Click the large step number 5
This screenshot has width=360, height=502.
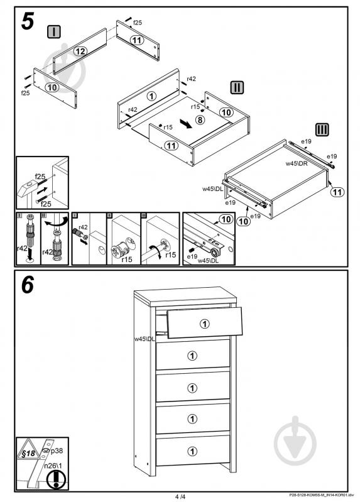click(x=28, y=21)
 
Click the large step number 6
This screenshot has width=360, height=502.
click(x=28, y=285)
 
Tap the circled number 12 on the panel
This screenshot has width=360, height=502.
click(x=80, y=51)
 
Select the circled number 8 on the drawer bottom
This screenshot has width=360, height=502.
click(x=200, y=120)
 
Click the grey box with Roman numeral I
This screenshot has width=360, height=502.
click(x=54, y=31)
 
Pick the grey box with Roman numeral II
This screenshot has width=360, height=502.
click(x=237, y=87)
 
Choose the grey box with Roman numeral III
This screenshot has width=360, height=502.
click(x=322, y=129)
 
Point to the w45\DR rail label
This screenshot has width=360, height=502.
click(x=297, y=163)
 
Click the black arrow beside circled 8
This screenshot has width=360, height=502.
click(x=186, y=124)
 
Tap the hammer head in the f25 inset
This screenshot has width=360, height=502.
click(x=28, y=188)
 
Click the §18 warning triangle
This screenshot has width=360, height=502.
click(x=28, y=449)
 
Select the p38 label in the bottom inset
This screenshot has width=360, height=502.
click(x=57, y=450)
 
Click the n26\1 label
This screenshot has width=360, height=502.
click(x=53, y=466)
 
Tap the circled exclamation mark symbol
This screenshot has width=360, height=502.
click(x=56, y=479)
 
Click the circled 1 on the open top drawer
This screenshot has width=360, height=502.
click(x=205, y=324)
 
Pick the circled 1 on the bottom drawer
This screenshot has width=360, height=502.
click(x=192, y=451)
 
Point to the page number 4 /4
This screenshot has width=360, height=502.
click(x=180, y=497)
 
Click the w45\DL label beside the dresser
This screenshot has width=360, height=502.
click(x=145, y=339)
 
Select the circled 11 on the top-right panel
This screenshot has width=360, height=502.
click(x=137, y=40)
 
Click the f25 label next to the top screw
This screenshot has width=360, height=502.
click(x=138, y=23)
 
